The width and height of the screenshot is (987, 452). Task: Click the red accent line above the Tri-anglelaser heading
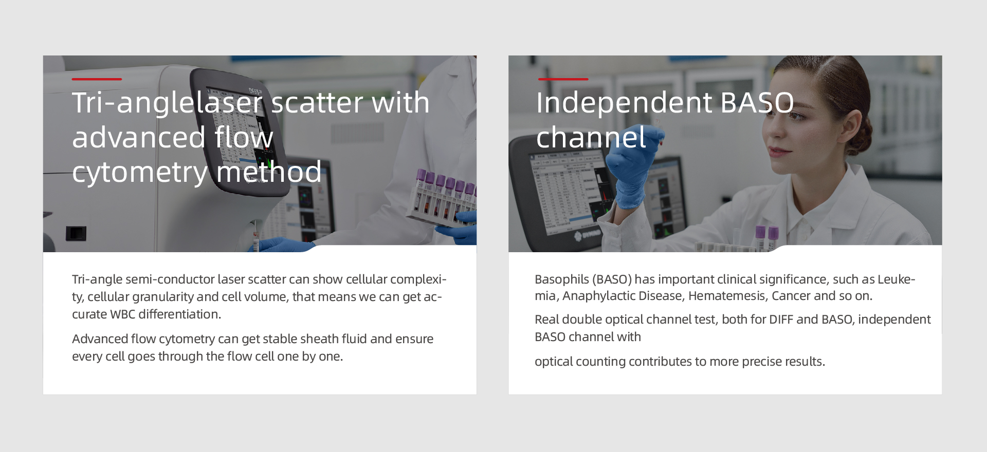(x=97, y=79)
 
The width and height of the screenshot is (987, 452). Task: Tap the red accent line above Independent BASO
(x=563, y=79)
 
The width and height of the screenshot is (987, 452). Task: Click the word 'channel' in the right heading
(x=591, y=138)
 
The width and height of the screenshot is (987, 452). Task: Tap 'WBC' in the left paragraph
(x=122, y=314)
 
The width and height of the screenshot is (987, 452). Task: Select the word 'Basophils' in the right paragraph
(x=562, y=279)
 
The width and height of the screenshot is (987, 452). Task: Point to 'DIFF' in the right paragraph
(x=781, y=319)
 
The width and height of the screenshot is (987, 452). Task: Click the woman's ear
(x=849, y=126)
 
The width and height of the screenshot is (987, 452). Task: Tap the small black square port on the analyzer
(x=76, y=234)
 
